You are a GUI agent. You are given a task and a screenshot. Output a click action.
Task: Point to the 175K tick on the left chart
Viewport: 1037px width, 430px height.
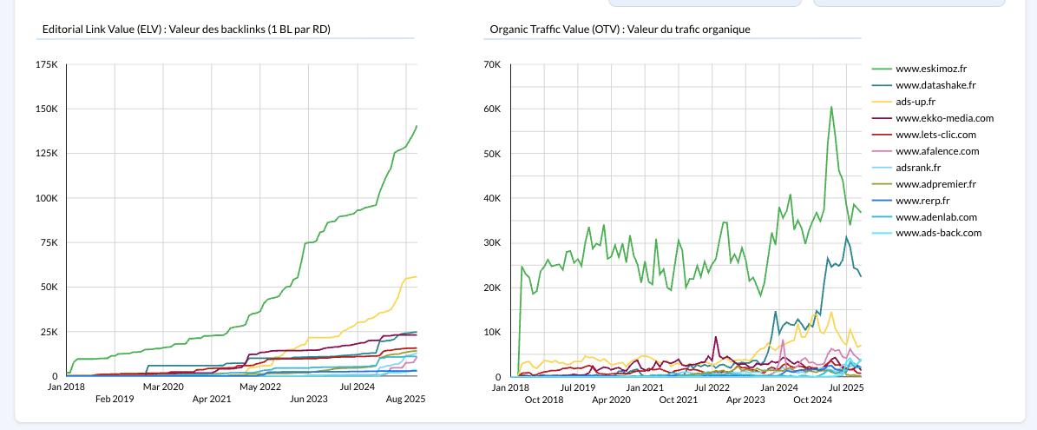tap(46, 64)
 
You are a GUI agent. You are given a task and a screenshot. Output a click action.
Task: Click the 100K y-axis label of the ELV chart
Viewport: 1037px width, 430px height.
tap(46, 198)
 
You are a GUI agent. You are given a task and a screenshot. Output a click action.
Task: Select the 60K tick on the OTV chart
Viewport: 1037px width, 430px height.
tap(492, 109)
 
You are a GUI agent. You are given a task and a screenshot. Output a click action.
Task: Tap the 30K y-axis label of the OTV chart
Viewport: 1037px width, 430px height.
tap(492, 242)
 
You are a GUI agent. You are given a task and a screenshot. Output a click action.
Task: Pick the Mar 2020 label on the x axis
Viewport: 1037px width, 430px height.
tap(163, 387)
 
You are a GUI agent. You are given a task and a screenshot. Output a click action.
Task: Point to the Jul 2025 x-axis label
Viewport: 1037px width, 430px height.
tap(847, 387)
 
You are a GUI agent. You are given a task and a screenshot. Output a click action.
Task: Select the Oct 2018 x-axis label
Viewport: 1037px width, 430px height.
tap(543, 400)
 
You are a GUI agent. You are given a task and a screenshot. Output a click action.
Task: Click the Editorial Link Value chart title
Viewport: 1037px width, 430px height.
tap(187, 30)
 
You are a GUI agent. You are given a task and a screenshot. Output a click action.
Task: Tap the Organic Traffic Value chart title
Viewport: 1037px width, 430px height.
tap(620, 30)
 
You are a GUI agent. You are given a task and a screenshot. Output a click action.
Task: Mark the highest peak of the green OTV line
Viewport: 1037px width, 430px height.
tap(831, 107)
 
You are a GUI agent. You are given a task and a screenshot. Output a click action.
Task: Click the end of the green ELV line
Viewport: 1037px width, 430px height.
tap(417, 126)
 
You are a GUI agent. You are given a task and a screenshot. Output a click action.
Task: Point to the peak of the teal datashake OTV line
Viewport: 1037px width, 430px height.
tap(846, 236)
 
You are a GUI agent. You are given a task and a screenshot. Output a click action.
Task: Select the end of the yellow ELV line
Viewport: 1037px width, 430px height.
tap(417, 276)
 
